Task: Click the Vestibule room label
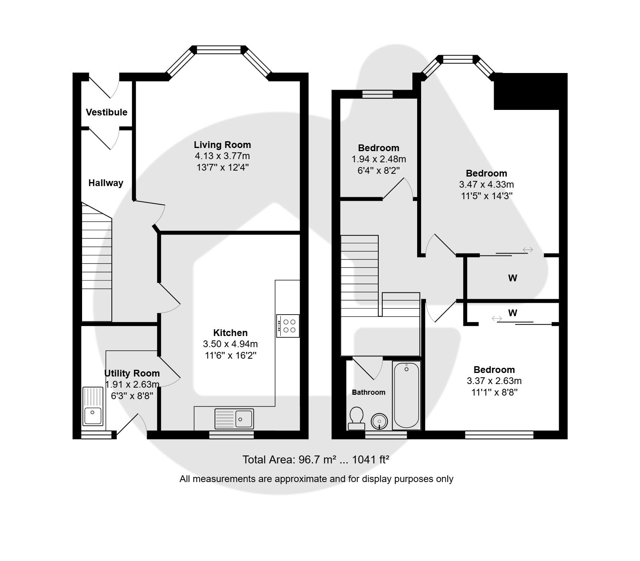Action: click(x=107, y=112)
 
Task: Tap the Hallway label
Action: click(x=106, y=183)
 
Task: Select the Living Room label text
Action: click(x=222, y=145)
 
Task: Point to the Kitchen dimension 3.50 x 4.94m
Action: click(x=230, y=344)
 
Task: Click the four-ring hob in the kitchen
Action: click(x=288, y=326)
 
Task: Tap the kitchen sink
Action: click(x=234, y=419)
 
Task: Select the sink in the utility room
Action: click(x=93, y=407)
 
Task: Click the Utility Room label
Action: click(x=132, y=373)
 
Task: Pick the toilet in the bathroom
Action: click(x=356, y=419)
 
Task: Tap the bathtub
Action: click(x=406, y=396)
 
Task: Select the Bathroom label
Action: click(x=369, y=392)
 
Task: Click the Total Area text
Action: click(x=316, y=460)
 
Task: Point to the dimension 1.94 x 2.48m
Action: click(x=379, y=159)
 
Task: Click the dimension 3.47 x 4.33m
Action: click(x=487, y=184)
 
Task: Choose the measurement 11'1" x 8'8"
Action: click(x=494, y=392)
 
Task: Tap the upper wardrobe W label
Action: click(x=513, y=278)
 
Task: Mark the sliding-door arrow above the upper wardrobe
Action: click(x=528, y=250)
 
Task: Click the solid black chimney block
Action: click(x=531, y=91)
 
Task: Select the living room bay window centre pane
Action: click(x=219, y=50)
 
